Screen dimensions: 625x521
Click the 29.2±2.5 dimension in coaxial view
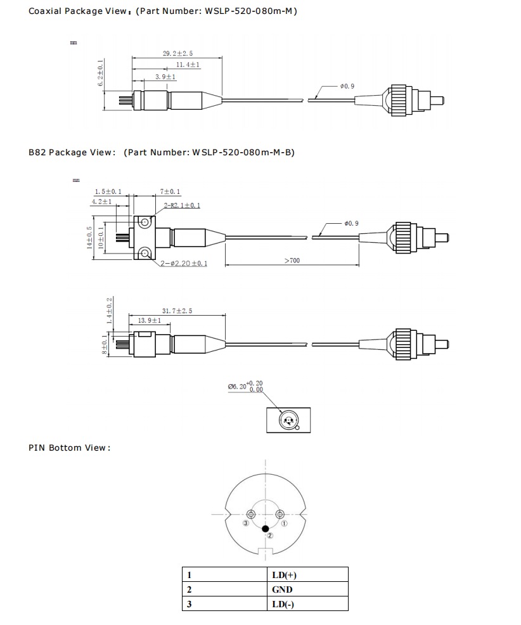177,55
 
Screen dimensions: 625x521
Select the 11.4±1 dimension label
188,65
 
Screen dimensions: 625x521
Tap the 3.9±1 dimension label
165,77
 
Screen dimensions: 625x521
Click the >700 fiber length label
292,261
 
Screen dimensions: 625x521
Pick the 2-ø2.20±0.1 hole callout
183,264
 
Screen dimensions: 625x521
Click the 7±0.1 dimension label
170,191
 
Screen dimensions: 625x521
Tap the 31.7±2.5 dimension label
177,311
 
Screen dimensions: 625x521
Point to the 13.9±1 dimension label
150,321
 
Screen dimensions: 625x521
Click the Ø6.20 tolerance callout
245,385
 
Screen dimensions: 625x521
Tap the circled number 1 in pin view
285,524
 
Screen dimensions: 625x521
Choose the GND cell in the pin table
282,590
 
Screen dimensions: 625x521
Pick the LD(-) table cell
282,604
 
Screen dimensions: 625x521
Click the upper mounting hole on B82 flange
145,223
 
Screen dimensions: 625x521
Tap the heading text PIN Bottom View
69,448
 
